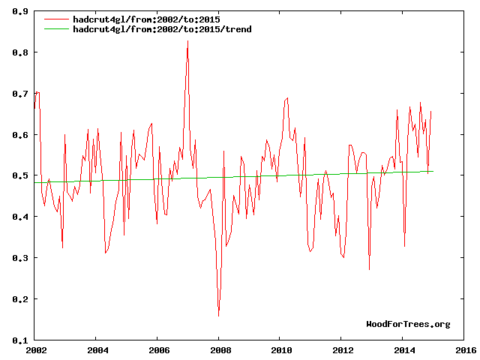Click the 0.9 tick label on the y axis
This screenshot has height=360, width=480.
(x=20, y=12)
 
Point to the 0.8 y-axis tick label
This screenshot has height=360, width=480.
(x=20, y=53)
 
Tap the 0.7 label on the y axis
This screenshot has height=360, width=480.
(x=20, y=94)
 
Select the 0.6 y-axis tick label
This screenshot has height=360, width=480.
(x=20, y=135)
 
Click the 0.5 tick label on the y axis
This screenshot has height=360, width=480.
(x=20, y=176)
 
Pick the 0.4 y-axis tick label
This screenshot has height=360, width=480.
(x=20, y=217)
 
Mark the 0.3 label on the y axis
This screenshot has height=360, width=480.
(x=20, y=258)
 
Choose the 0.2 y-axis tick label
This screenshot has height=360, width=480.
(x=20, y=299)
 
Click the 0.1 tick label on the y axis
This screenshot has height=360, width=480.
(x=20, y=340)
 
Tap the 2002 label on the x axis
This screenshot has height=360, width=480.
(x=35, y=349)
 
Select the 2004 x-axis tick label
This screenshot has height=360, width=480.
(x=97, y=349)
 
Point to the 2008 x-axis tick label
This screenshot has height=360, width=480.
(x=219, y=349)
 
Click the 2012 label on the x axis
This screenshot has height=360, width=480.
(x=342, y=349)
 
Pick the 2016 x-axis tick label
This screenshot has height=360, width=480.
(x=465, y=349)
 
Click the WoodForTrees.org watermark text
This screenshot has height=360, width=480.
(x=408, y=324)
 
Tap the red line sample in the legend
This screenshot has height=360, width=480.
(x=57, y=19)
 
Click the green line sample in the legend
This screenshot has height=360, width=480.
(x=57, y=28)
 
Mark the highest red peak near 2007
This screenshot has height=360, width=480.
(x=187, y=40)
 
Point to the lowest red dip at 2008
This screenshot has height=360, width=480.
(x=219, y=316)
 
